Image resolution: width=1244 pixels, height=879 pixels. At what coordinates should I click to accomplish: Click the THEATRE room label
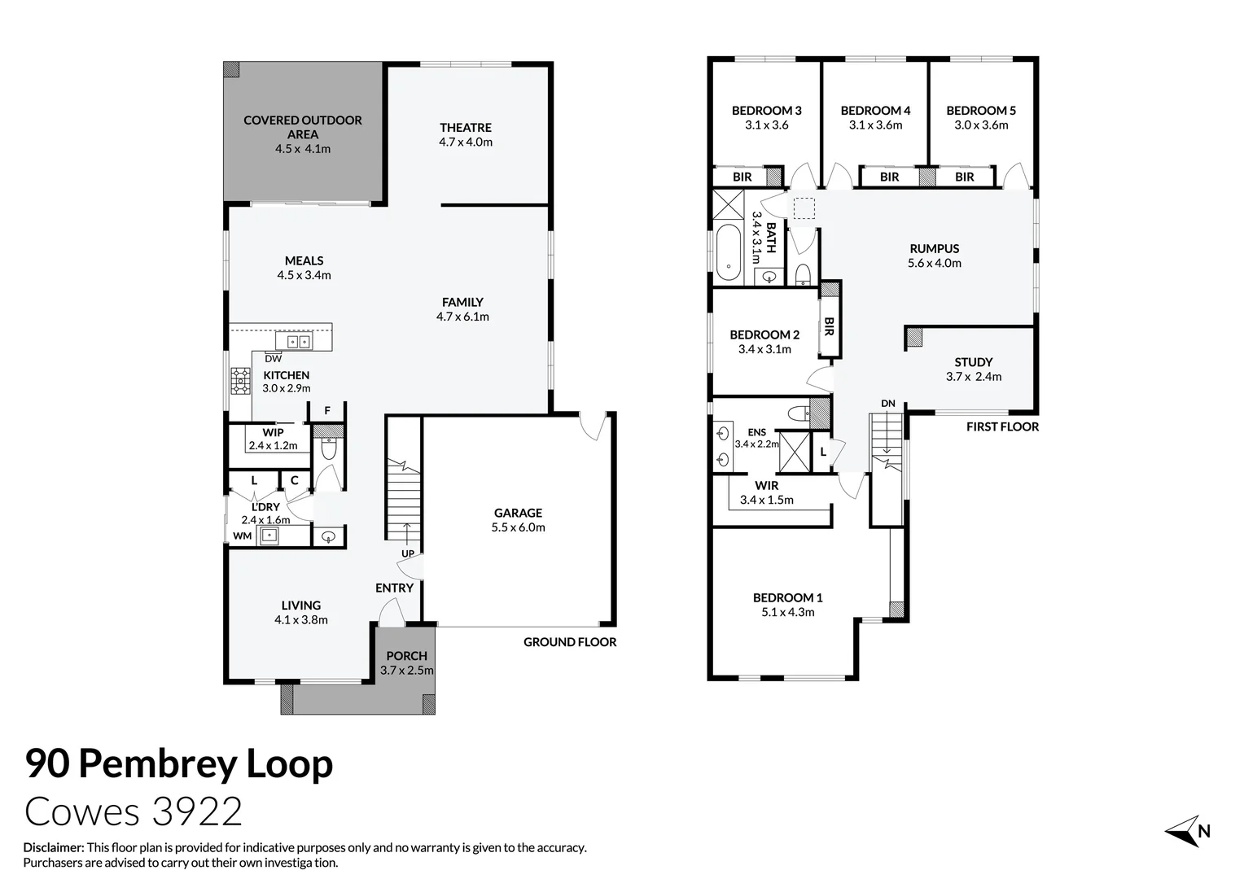tap(466, 128)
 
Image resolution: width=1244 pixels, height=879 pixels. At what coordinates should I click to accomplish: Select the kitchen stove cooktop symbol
tap(240, 381)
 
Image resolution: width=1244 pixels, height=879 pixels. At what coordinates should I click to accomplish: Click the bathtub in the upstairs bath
tap(728, 252)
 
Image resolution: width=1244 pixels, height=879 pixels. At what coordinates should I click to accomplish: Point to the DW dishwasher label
tap(274, 359)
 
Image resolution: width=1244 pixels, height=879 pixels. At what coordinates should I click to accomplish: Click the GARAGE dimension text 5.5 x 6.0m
tap(518, 527)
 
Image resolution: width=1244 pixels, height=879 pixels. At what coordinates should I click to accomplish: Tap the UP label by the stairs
tap(408, 553)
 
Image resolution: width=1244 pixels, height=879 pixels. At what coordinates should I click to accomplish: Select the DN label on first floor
tap(888, 404)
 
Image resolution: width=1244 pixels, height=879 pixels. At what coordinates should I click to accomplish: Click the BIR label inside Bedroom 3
tap(742, 177)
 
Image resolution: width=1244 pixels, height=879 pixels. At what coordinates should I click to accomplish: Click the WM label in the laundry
tap(242, 536)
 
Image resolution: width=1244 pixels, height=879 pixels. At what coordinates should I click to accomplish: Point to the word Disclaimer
tap(54, 847)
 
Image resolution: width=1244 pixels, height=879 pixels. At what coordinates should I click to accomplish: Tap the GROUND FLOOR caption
tap(570, 642)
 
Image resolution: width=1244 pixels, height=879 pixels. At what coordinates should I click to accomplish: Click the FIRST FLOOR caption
tap(1002, 426)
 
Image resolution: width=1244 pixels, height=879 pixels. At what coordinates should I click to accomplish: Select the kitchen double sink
tap(298, 342)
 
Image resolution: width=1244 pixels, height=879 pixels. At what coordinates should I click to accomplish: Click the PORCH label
tap(406, 656)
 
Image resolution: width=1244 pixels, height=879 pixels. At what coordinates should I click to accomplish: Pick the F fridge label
tap(327, 410)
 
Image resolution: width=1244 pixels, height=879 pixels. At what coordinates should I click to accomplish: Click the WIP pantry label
tap(273, 432)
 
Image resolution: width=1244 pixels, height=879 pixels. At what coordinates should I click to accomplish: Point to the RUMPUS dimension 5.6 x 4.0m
tap(934, 263)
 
